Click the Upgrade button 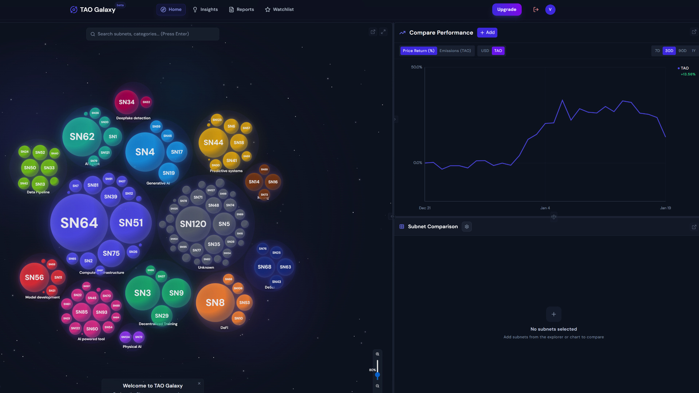coord(506,9)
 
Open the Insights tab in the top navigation coord(205,9)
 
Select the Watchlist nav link coord(279,9)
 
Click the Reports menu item coord(241,9)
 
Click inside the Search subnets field coord(153,34)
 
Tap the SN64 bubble coord(79,223)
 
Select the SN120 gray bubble coord(193,224)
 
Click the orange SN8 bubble coord(215,302)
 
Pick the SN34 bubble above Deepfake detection coord(127,102)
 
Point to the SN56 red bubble coord(34,277)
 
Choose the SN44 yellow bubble coord(213,143)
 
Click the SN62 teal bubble coord(82,136)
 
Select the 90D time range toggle coord(682,51)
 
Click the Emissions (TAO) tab coord(455,51)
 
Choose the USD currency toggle coord(485,51)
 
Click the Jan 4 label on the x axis coord(545,208)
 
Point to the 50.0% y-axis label coord(416,67)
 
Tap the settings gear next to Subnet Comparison coord(467,227)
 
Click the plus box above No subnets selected coord(553,314)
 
